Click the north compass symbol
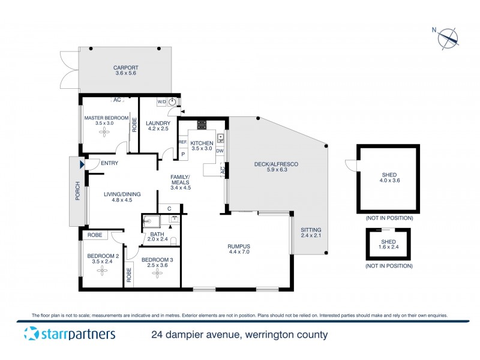pyautogui.click(x=448, y=38)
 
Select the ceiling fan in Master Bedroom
pyautogui.click(x=104, y=134)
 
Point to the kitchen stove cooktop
pyautogui.click(x=202, y=125)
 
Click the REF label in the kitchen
pyautogui.click(x=182, y=142)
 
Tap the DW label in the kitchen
pyautogui.click(x=220, y=151)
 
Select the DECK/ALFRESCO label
pyautogui.click(x=277, y=167)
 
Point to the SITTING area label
pyautogui.click(x=311, y=233)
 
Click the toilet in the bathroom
pyautogui.click(x=173, y=241)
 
